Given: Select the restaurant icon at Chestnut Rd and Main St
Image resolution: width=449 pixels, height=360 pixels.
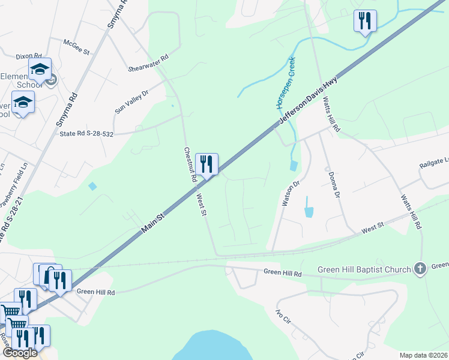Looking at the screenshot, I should click(206, 164).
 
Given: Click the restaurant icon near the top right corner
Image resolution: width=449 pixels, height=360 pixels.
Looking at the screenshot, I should click(365, 21).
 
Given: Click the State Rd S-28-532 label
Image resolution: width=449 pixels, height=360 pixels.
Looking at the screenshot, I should click(86, 133).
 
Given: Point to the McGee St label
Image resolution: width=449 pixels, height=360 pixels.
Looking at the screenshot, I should click(77, 47).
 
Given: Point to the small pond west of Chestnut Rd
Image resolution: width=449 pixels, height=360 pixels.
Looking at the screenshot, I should click(92, 187).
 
